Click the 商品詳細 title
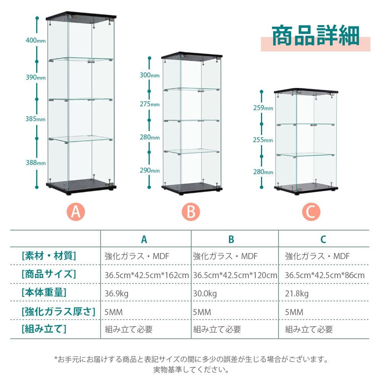point(315,37)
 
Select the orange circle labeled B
point(191,212)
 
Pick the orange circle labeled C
point(311,212)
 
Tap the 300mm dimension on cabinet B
point(149,75)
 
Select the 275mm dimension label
point(149,104)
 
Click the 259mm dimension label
point(263,108)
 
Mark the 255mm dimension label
point(263,140)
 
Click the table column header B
point(231,239)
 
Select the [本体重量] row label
point(44,293)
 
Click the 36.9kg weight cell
point(117,293)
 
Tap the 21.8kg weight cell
point(297,293)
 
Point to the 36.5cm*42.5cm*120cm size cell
point(235,275)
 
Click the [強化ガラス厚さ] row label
point(58,312)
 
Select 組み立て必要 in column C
point(309,329)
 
